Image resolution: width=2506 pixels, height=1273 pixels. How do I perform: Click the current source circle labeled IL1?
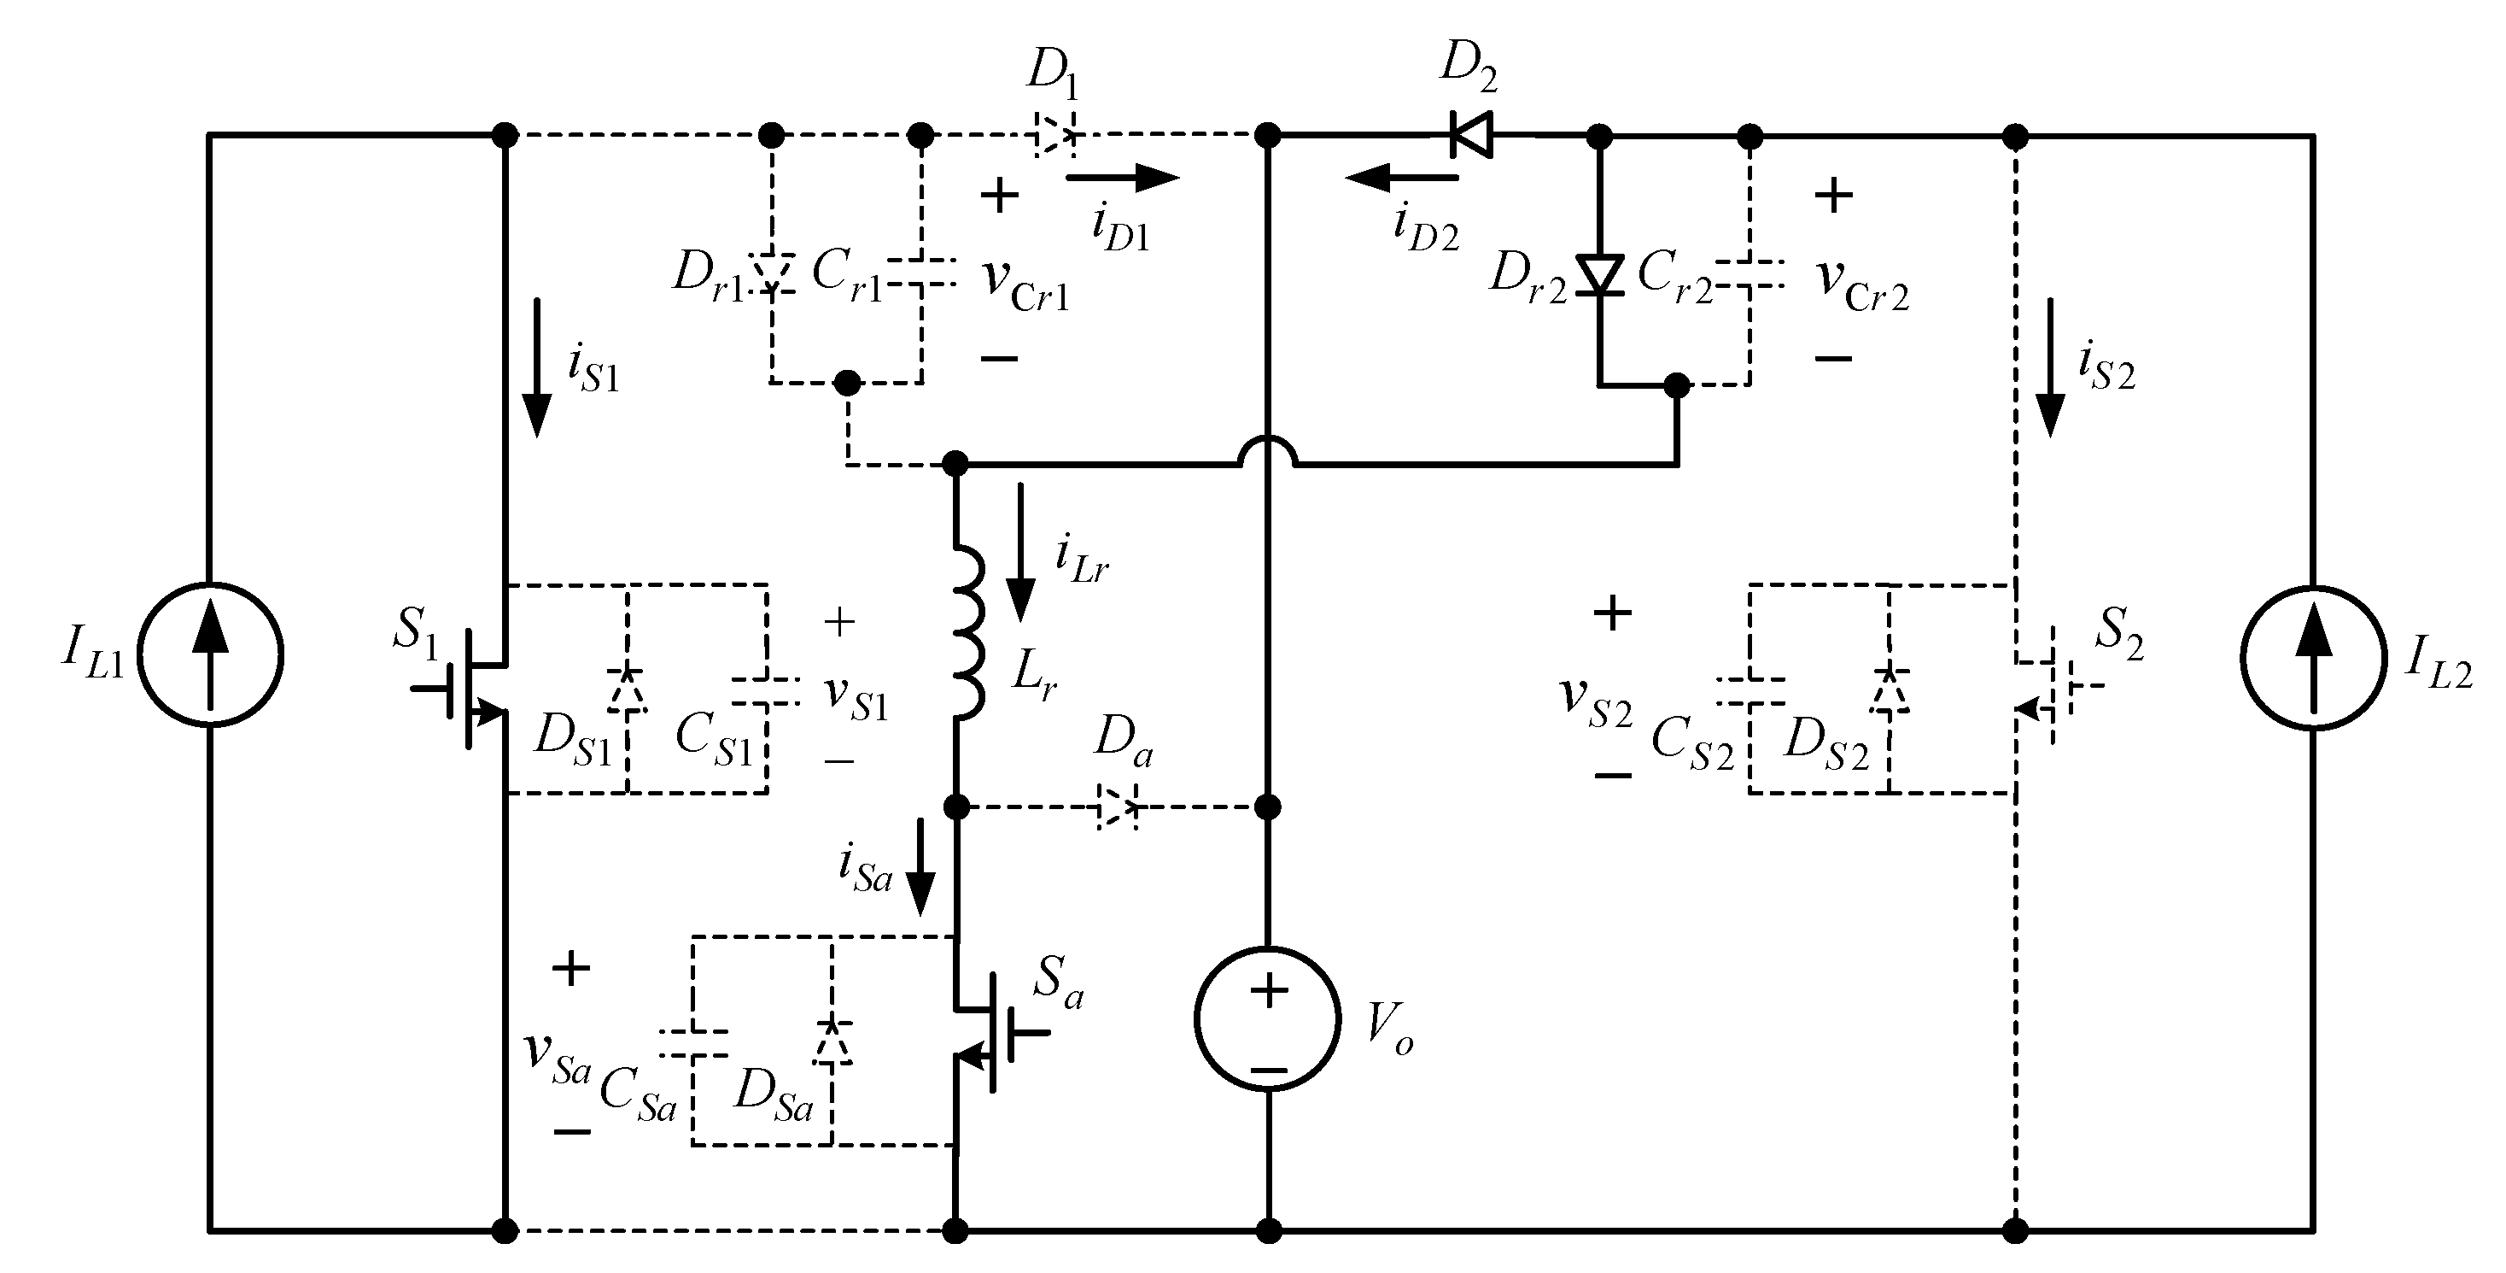210,654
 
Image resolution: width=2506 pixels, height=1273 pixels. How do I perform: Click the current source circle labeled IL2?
2313,657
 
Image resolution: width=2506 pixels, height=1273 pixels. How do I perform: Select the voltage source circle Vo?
1268,1019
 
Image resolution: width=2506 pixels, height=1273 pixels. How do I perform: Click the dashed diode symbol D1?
1054,135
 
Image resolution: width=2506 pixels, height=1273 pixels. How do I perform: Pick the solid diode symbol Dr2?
1599,274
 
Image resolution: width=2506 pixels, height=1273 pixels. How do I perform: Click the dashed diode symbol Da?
1117,807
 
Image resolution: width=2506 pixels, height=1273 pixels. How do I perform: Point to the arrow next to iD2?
1403,177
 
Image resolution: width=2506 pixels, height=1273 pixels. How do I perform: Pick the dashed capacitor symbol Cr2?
1750,274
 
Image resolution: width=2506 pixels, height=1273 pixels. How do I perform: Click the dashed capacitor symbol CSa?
692,1042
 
